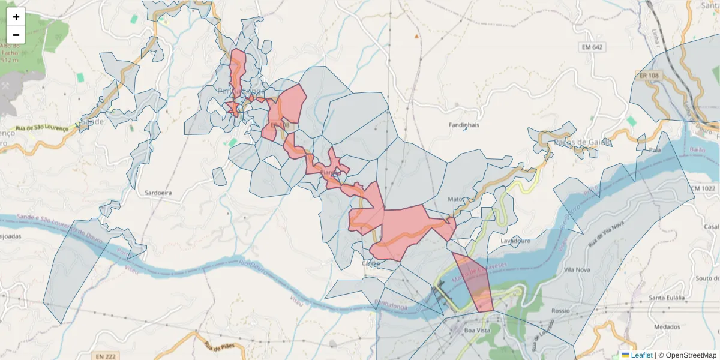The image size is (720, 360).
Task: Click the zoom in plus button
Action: pos(16,17)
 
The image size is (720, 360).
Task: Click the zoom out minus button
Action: pos(16,35)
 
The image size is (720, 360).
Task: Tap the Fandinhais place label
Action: pos(464,125)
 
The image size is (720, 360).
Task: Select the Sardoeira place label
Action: pos(158,193)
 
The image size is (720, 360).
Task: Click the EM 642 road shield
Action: pos(592,47)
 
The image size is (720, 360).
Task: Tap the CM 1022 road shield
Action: pos(703,188)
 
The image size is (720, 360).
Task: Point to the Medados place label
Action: pos(667,327)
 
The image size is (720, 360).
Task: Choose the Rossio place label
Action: pos(560,311)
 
